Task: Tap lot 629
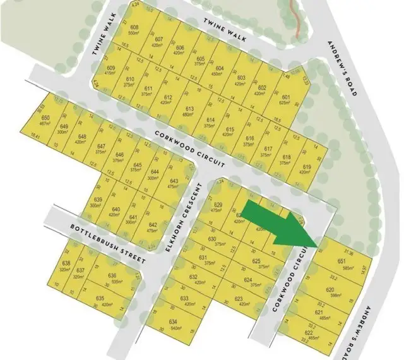click(x=218, y=207)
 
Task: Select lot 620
click(x=330, y=292)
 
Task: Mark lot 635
click(x=100, y=301)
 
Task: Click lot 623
click(x=239, y=301)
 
